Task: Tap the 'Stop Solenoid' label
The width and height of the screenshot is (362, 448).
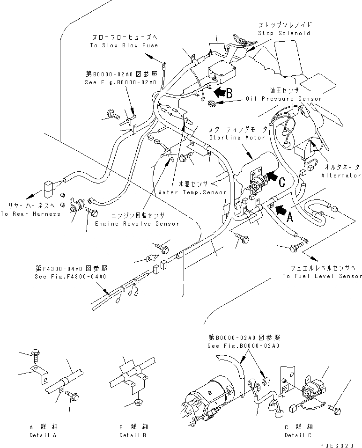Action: (284, 33)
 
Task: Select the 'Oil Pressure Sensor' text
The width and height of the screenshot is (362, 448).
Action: (284, 99)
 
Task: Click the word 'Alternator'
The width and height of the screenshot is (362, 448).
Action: (341, 176)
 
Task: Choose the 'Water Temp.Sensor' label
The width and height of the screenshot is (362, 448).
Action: (192, 192)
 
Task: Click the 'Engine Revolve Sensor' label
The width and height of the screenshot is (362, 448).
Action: (137, 224)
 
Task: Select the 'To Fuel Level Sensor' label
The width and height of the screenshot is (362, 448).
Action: (322, 276)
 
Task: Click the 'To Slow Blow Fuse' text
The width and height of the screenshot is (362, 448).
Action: (124, 45)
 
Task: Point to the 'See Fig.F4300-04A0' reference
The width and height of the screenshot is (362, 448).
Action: (71, 276)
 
